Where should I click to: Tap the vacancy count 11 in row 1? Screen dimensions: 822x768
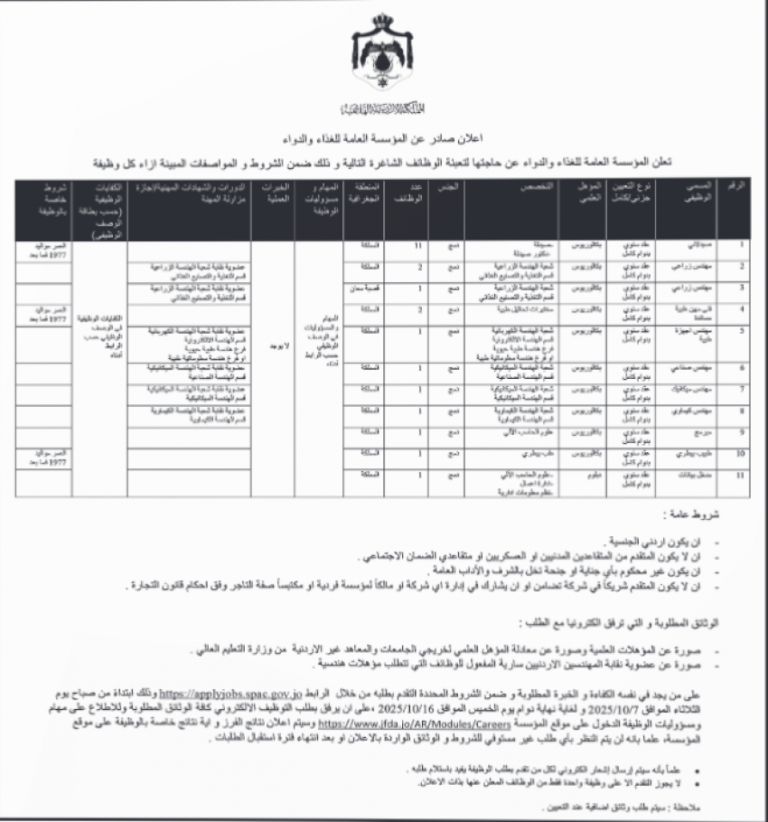click(x=419, y=245)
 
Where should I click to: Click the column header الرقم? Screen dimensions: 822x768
click(x=738, y=184)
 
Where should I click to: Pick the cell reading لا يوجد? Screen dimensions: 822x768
click(x=274, y=345)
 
